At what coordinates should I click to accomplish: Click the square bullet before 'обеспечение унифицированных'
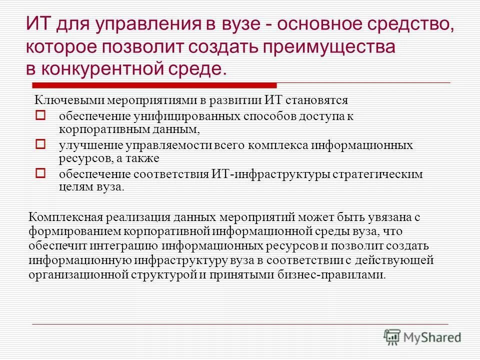[41, 115]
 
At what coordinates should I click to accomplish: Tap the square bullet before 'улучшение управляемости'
[41, 144]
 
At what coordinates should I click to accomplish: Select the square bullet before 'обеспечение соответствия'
[41, 173]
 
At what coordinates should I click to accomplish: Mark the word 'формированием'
[69, 232]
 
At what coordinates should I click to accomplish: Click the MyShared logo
[422, 336]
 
